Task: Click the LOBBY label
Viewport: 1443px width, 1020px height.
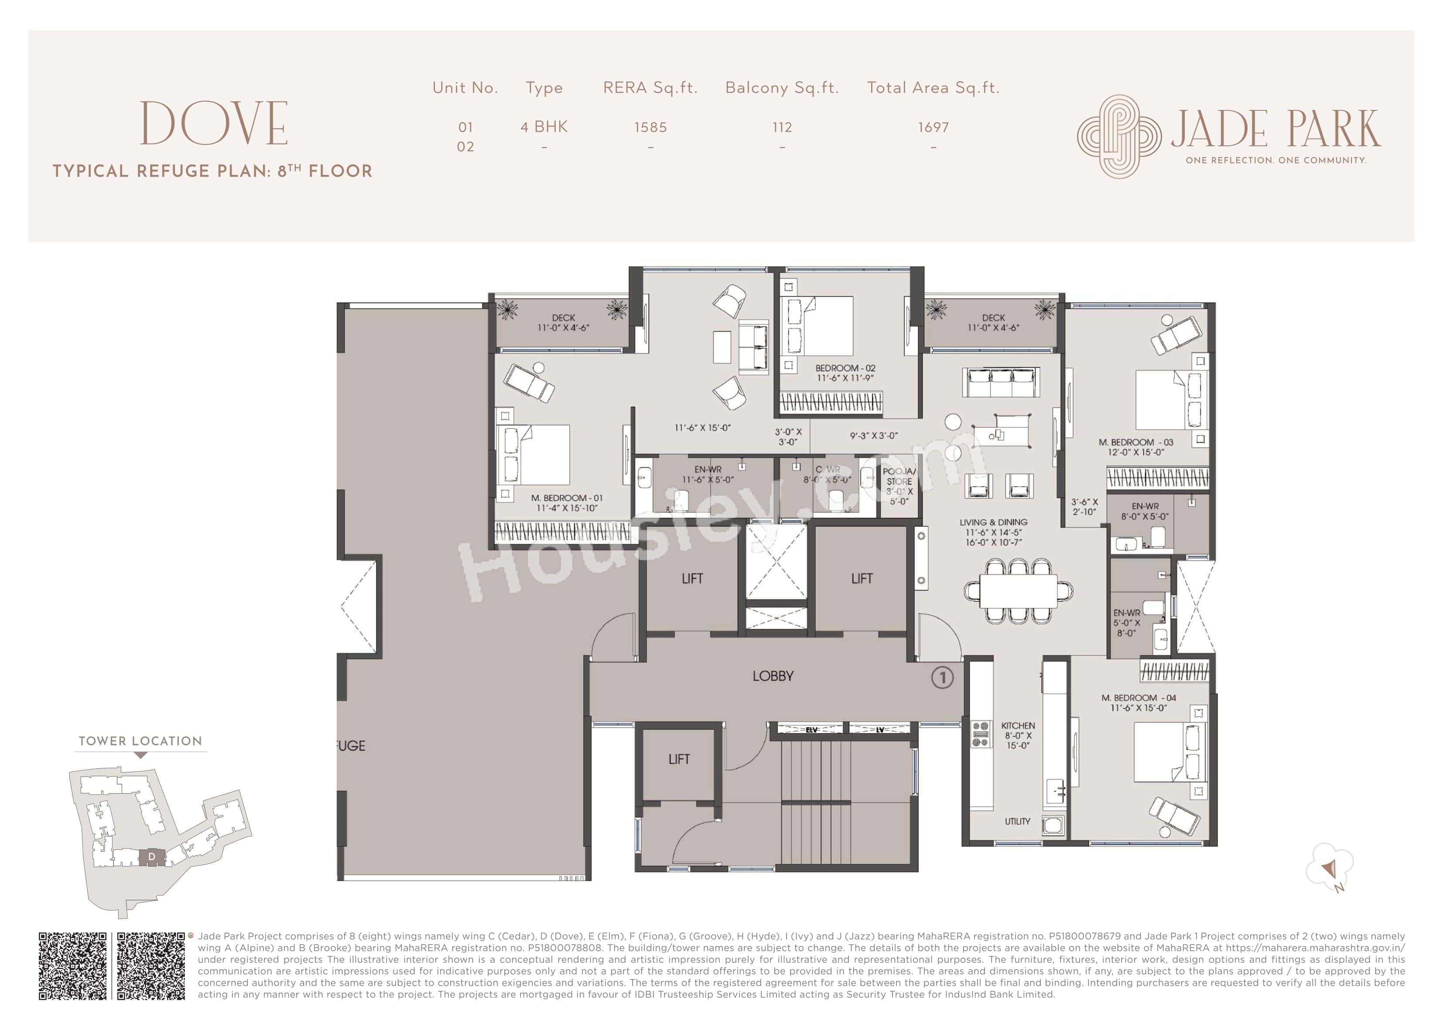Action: point(773,676)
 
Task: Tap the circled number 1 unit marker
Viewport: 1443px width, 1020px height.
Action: point(941,678)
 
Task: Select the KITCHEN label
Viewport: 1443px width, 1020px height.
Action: point(1018,726)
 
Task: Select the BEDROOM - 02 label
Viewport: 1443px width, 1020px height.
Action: point(845,368)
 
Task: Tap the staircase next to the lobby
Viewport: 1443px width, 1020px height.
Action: point(845,805)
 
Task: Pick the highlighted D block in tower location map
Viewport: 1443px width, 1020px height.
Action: point(151,857)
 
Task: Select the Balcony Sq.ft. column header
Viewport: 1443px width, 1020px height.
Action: point(782,88)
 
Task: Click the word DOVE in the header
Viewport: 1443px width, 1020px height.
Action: point(214,124)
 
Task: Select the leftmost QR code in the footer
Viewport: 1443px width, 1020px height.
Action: point(73,966)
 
